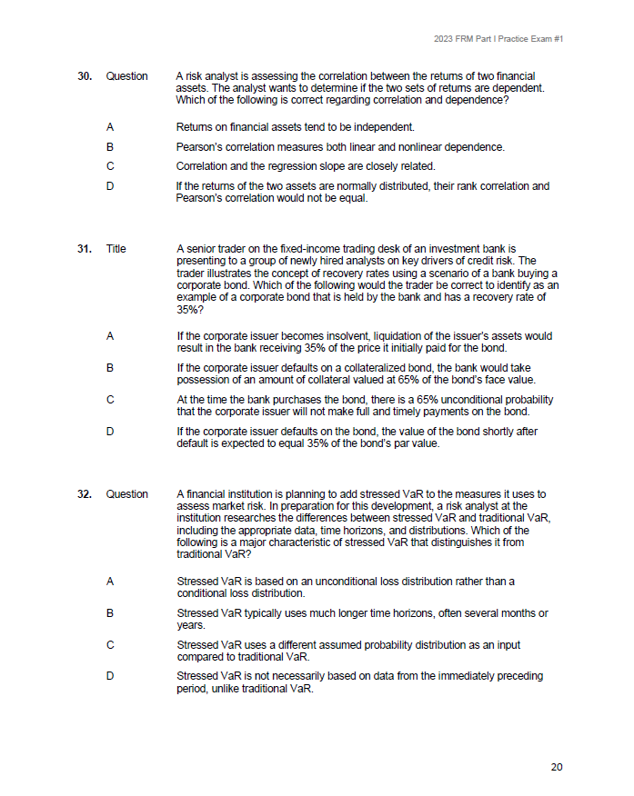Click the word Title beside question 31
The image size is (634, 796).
point(116,249)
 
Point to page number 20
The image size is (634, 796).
point(557,767)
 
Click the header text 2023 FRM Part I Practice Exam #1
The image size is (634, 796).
point(498,39)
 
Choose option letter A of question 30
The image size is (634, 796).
point(110,127)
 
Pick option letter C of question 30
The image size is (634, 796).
point(110,166)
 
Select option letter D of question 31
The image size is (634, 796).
point(110,432)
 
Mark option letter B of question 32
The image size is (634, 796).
point(110,613)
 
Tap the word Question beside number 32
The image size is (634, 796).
point(126,494)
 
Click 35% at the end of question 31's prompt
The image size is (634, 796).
point(187,309)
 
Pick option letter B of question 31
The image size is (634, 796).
point(110,368)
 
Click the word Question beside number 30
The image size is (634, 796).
point(126,76)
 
